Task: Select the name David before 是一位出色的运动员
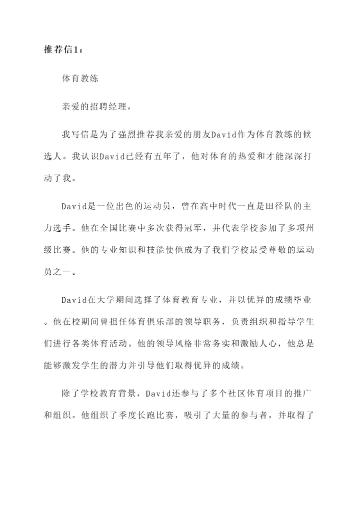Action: pyautogui.click(x=74, y=205)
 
